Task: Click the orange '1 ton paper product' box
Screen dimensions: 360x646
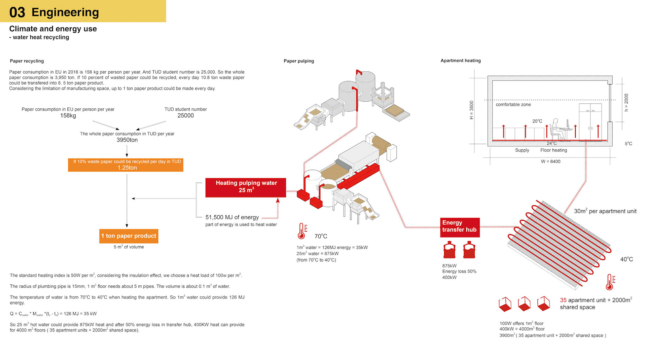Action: click(x=129, y=236)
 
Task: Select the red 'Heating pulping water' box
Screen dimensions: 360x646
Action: click(x=246, y=187)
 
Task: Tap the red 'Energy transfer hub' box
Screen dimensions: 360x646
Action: click(x=460, y=226)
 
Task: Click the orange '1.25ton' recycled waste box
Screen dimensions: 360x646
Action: click(x=125, y=165)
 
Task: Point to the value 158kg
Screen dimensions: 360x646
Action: click(x=68, y=115)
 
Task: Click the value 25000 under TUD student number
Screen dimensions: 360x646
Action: click(x=185, y=115)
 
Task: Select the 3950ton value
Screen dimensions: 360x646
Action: click(x=127, y=140)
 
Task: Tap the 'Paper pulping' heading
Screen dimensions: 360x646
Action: click(x=299, y=61)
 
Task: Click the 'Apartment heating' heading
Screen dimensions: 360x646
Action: click(x=461, y=61)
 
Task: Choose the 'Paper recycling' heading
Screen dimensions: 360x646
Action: click(x=27, y=61)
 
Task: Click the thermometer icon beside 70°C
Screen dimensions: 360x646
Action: click(x=302, y=231)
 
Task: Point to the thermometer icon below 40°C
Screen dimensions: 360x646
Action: click(x=610, y=282)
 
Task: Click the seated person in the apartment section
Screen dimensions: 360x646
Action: click(x=555, y=129)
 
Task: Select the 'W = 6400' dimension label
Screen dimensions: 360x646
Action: click(x=550, y=161)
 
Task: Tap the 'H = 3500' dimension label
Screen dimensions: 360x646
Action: click(x=471, y=110)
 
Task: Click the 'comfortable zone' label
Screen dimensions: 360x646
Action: click(x=513, y=105)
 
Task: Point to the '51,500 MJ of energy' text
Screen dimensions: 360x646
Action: click(x=232, y=217)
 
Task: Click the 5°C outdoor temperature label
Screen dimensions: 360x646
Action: click(x=628, y=144)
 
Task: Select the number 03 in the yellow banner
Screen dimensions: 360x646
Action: click(x=17, y=12)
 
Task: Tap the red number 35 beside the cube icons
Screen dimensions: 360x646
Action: click(x=563, y=300)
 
